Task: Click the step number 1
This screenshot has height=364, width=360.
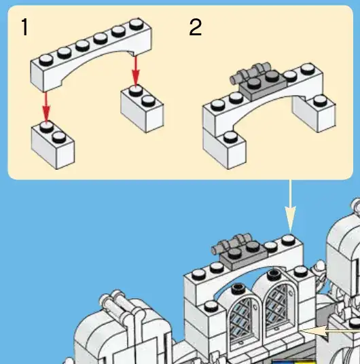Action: pos(24,27)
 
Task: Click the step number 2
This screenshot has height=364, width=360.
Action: pos(196,27)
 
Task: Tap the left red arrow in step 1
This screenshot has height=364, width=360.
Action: pos(46,107)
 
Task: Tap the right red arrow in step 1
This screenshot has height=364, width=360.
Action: pos(136,71)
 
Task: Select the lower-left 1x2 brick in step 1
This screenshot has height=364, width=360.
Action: pos(53,145)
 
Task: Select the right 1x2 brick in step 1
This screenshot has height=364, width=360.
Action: pos(142,109)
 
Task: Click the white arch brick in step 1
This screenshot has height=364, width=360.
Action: pos(91,54)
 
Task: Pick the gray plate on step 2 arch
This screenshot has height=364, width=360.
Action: pos(263,85)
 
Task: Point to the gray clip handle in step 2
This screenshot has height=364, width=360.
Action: pos(250,72)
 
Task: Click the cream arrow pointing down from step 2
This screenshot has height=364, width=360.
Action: pos(290,206)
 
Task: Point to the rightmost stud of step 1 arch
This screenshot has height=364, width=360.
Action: pos(137,24)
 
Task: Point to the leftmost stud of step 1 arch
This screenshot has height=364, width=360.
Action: pos(46,60)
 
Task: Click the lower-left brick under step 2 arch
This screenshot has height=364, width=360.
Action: pos(224,148)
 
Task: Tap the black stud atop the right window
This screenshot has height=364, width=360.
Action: pos(274,274)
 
